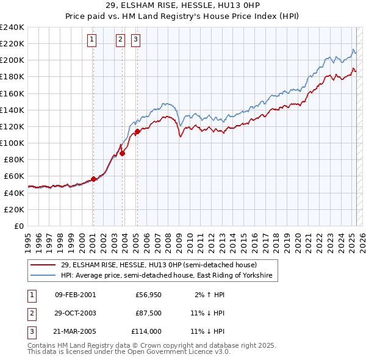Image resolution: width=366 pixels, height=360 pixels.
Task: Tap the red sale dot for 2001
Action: point(93,179)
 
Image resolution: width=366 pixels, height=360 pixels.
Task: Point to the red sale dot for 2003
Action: point(123,154)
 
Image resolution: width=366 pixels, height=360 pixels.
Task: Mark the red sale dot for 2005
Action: point(137,131)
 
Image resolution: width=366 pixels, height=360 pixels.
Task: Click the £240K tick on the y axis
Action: point(12,27)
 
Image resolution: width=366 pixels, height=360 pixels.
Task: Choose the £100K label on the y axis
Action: point(12,143)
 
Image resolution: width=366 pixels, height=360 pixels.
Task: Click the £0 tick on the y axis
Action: point(18,226)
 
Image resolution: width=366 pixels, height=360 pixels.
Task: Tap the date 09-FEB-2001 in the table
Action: point(75,295)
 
